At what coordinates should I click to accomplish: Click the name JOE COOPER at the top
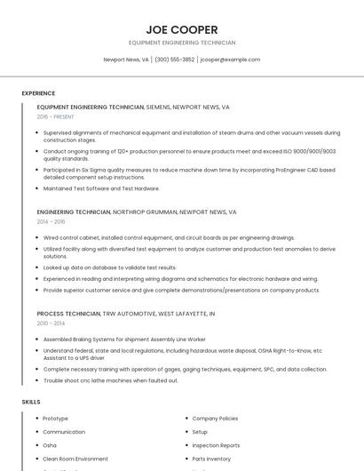click(x=182, y=29)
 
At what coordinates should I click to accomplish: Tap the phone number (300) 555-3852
click(x=174, y=60)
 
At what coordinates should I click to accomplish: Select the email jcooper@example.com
click(x=230, y=60)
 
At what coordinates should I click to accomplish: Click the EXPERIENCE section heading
click(x=38, y=93)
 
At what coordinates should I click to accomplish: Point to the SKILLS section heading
click(x=31, y=402)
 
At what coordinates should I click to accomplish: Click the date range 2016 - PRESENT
click(x=56, y=116)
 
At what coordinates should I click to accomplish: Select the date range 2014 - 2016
click(x=51, y=221)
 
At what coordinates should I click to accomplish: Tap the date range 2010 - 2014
click(x=51, y=323)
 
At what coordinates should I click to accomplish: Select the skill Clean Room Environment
click(x=75, y=459)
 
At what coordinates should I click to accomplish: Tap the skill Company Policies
click(x=215, y=418)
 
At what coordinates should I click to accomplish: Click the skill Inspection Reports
click(x=216, y=445)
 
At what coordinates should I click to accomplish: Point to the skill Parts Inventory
click(x=211, y=459)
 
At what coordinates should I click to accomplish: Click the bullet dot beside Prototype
click(x=37, y=418)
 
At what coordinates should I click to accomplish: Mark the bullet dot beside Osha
click(x=37, y=445)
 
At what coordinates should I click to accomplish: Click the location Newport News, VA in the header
click(x=126, y=60)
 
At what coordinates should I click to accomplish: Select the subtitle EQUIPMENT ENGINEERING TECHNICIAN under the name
click(x=182, y=43)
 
